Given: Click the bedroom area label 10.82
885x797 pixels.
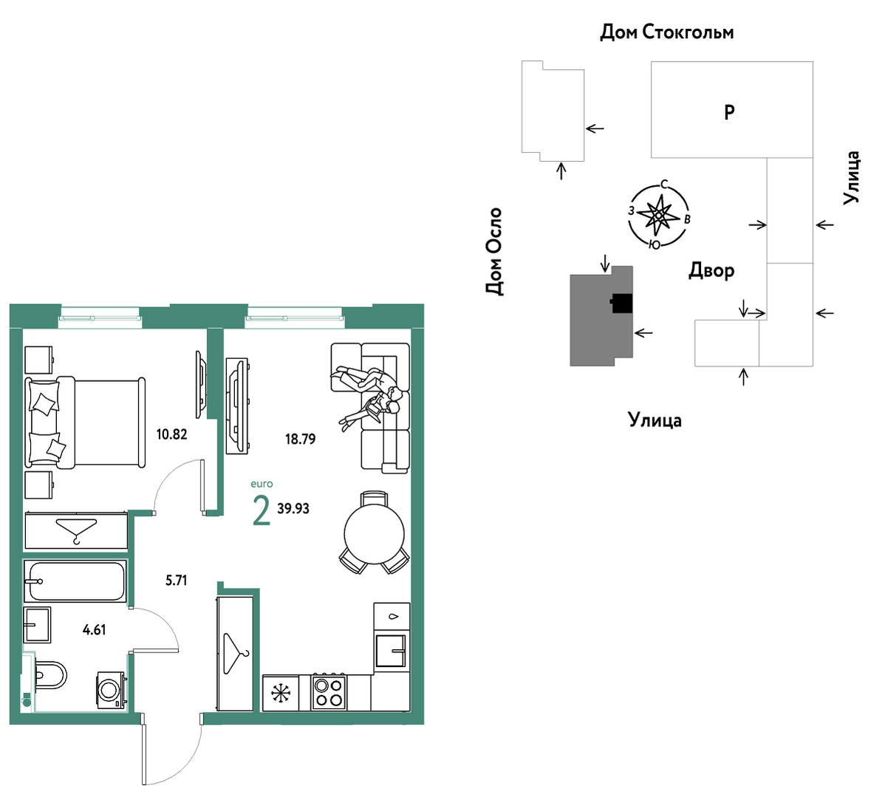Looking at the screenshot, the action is (x=171, y=434).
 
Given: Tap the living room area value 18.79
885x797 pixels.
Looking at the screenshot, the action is (x=300, y=439).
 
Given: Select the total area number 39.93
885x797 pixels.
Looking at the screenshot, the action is (x=293, y=509).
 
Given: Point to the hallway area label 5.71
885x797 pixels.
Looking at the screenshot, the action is (x=176, y=581).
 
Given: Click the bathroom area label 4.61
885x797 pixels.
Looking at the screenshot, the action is (x=95, y=630).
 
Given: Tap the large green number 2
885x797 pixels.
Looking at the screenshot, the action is (x=262, y=511).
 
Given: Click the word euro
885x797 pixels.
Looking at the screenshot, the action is (x=262, y=484).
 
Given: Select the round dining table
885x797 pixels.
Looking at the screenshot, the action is (x=375, y=533).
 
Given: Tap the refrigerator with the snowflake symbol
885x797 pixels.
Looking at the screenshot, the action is (x=281, y=693).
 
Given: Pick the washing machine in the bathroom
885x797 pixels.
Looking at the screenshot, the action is (x=112, y=689).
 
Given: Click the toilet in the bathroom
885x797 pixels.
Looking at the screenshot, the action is (x=49, y=674).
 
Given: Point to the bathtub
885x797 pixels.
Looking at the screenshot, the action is (x=75, y=581).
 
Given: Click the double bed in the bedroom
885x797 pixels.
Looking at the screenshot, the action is (x=85, y=423).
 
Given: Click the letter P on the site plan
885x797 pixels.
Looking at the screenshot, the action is (x=729, y=112).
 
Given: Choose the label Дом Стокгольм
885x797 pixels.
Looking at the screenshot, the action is (x=666, y=33).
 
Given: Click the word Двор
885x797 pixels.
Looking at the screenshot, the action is (x=711, y=271).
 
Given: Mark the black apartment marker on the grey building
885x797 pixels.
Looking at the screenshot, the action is (x=621, y=304).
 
